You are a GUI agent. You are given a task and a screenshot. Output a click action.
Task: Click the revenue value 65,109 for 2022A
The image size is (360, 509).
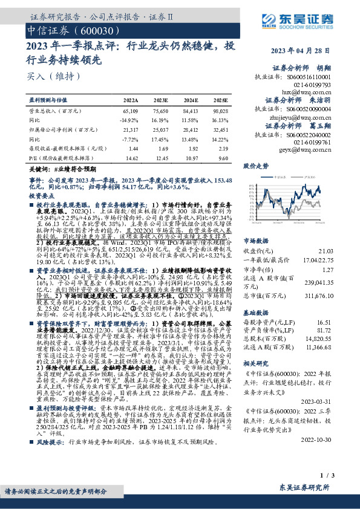pyautogui.click(x=130, y=112)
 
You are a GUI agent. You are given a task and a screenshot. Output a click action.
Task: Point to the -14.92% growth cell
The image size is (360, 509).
pyautogui.click(x=129, y=120)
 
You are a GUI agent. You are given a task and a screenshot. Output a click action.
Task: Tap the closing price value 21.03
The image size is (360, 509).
pyautogui.click(x=343, y=234)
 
